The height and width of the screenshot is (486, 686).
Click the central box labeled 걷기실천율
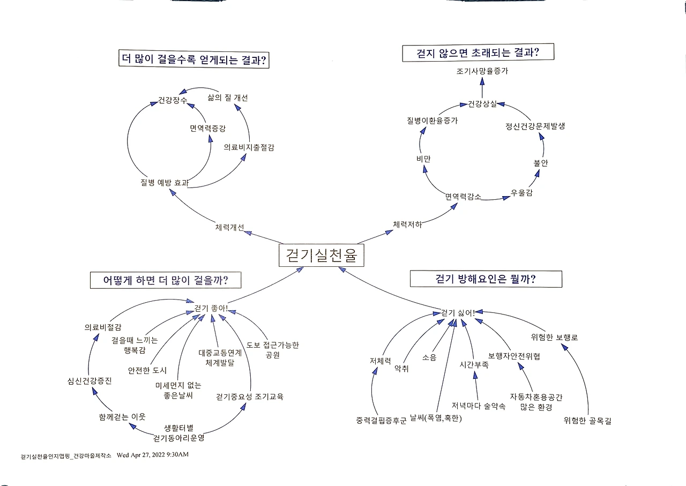[x=322, y=255]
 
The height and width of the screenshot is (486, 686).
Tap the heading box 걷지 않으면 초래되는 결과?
[x=478, y=53]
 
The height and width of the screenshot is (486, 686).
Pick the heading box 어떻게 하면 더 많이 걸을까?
[x=165, y=280]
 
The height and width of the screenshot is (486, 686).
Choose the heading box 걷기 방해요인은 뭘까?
[x=486, y=279]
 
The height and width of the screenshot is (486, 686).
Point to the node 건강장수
[x=173, y=100]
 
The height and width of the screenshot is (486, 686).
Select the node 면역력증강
[x=207, y=129]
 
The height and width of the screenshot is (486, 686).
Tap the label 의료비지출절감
[x=249, y=147]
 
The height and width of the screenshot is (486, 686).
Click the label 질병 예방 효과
[x=164, y=183]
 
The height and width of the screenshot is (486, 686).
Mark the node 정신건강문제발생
[x=535, y=126]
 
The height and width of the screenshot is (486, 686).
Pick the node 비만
[x=423, y=159]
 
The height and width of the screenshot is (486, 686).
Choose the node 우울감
[x=521, y=193]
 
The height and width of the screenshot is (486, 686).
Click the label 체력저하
[x=407, y=225]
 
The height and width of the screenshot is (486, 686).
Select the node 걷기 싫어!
[x=457, y=312]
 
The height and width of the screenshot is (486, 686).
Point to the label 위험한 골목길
[x=587, y=421]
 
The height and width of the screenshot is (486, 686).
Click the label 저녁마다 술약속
[x=478, y=406]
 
